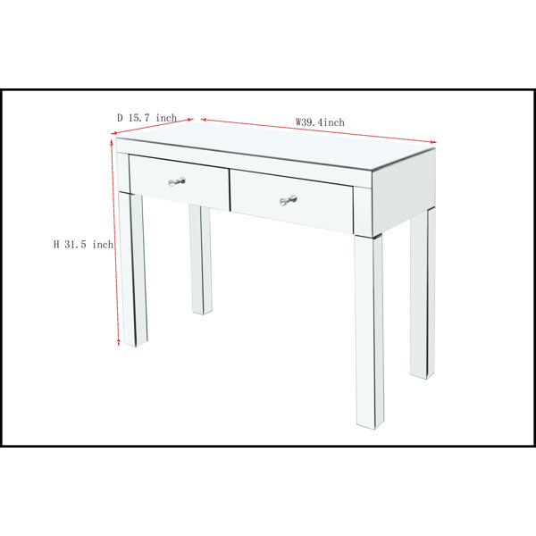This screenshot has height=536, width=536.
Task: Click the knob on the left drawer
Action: [x=177, y=182]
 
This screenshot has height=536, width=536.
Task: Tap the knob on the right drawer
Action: [x=289, y=200]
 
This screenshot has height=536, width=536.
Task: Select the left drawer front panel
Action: [x=180, y=182]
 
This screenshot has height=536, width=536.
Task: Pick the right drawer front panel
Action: [x=291, y=201]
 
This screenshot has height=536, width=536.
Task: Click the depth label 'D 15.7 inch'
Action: [x=147, y=118]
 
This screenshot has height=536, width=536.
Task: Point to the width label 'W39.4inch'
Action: [x=320, y=122]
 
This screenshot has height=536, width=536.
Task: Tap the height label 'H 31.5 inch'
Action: [x=83, y=245]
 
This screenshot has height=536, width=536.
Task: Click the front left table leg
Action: [x=132, y=270]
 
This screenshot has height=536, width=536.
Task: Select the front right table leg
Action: [x=369, y=331]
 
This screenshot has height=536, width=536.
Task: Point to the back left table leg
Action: [x=201, y=260]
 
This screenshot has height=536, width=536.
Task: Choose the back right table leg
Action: [x=423, y=293]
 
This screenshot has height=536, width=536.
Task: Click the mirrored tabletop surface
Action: [x=276, y=146]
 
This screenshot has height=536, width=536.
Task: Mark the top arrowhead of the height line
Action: [x=112, y=140]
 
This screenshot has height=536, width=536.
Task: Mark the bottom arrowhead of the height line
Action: [x=119, y=343]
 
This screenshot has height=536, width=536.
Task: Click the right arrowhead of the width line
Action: [x=434, y=142]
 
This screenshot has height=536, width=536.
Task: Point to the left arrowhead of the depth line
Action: [x=113, y=133]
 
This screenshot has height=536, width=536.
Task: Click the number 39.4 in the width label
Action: [x=312, y=122]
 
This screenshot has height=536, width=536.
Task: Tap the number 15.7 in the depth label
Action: [x=139, y=118]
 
